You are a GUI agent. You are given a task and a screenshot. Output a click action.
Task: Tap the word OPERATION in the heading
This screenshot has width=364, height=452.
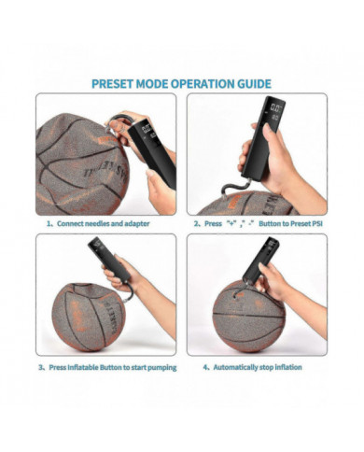pos(195,83)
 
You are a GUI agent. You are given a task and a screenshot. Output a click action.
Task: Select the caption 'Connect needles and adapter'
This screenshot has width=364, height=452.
pos(103,224)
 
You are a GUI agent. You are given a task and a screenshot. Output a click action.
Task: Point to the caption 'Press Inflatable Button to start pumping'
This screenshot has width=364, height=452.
pos(110,367)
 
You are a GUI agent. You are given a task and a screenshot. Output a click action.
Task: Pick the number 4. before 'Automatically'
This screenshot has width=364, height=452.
pos(206,367)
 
